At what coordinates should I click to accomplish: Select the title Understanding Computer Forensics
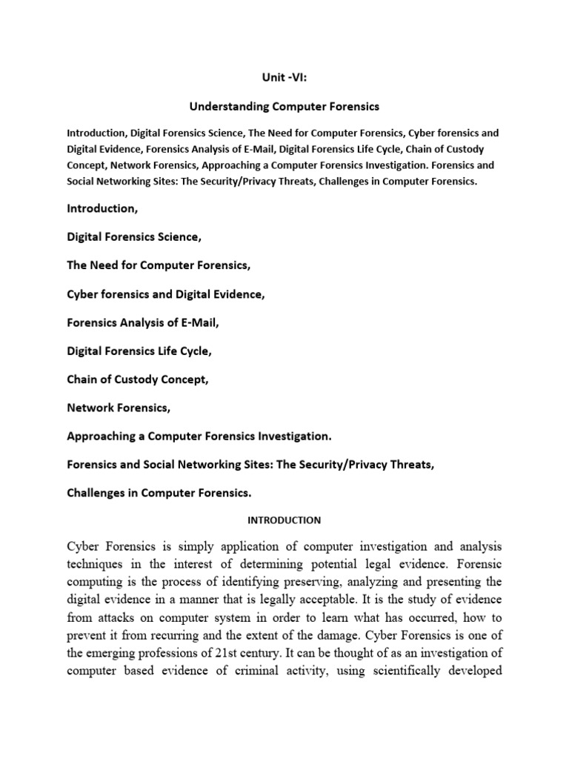point(284,107)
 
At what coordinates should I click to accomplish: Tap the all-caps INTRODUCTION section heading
point(284,520)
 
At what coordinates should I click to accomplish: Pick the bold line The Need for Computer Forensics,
point(159,265)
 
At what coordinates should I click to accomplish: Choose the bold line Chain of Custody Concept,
point(138,379)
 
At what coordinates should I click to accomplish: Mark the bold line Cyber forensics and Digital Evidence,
point(165,294)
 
